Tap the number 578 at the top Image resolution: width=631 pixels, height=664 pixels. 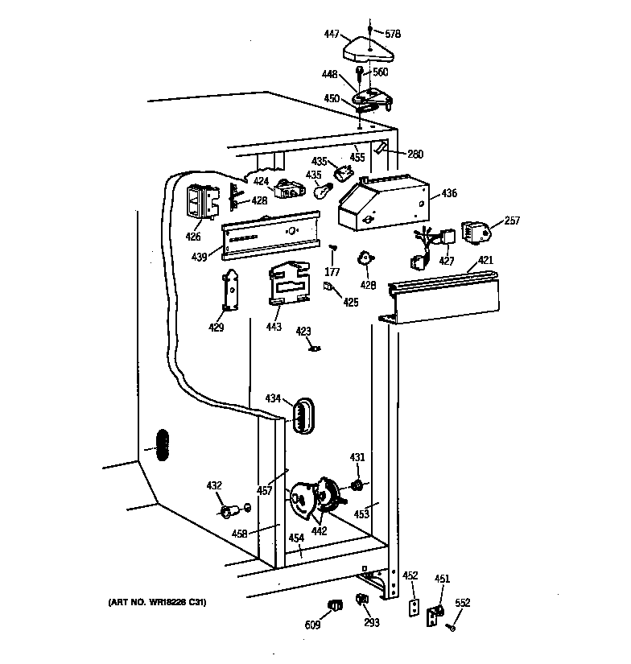(393, 34)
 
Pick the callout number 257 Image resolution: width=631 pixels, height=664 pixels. (512, 220)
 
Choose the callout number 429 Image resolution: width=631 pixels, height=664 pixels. (217, 328)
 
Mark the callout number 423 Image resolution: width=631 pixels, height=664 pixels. (303, 330)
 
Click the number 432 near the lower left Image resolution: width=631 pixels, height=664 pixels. (213, 485)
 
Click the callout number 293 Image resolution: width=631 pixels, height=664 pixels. (370, 621)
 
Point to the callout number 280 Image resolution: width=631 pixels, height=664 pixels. (415, 155)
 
